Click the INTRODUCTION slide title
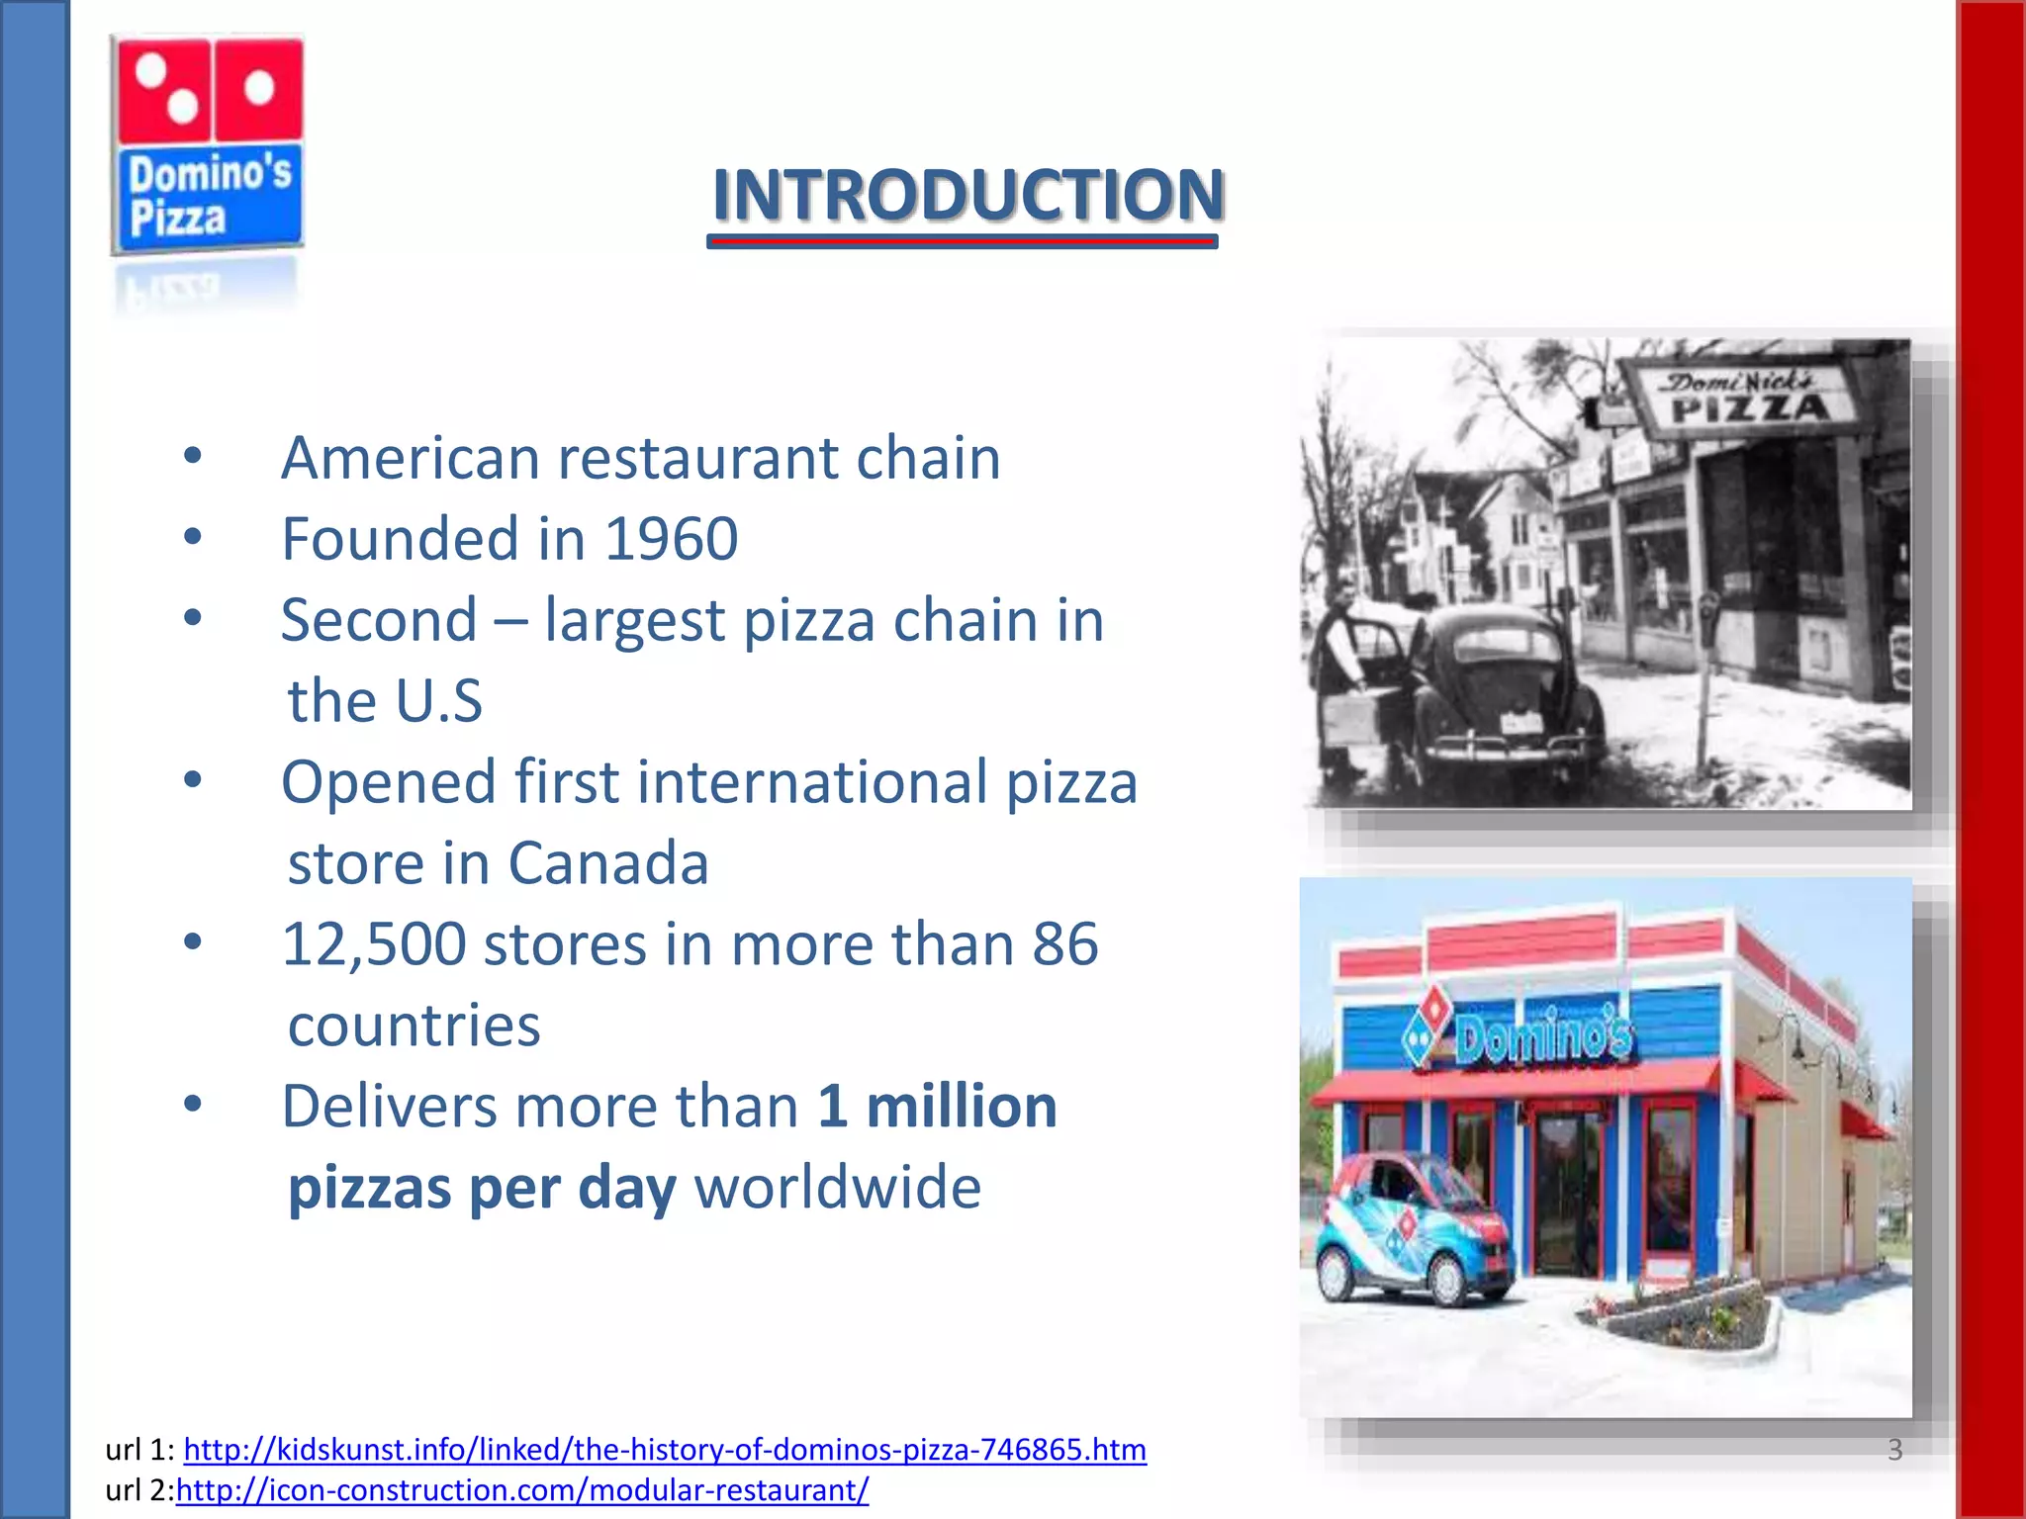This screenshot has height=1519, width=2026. coord(967,195)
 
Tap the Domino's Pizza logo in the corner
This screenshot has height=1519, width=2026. coord(207,143)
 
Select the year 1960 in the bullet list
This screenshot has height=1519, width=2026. coord(671,539)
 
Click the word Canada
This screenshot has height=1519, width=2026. coord(608,863)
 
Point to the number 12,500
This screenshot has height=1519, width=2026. coord(374,944)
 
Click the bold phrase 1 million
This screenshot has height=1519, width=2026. coord(937,1107)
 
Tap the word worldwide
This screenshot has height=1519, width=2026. coord(838,1188)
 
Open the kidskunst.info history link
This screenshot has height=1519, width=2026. coord(665,1450)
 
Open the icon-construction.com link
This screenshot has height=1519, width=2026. coord(522,1490)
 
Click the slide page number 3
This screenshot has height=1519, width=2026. coord(1894,1450)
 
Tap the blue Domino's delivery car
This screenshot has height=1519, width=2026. coord(1410,1231)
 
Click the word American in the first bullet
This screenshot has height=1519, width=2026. coord(411,459)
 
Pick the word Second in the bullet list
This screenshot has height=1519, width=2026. coord(379,621)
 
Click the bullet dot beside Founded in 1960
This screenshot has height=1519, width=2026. coord(193,537)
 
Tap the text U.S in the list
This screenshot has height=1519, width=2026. coord(438,702)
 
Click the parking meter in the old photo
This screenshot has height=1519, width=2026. coord(1706,633)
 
